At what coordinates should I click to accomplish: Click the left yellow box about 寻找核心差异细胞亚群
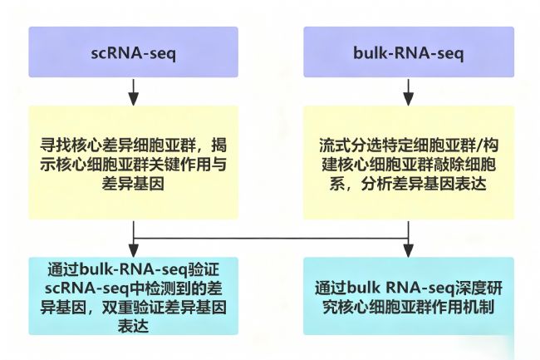(133, 162)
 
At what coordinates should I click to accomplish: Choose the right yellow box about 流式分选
(407, 162)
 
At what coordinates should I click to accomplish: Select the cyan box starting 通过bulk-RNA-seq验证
(133, 296)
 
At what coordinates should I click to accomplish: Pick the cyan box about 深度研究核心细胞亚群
(407, 296)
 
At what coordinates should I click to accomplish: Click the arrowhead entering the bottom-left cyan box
(133, 251)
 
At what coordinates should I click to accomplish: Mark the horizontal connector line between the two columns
(270, 239)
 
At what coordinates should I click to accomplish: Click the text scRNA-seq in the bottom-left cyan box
(86, 288)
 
